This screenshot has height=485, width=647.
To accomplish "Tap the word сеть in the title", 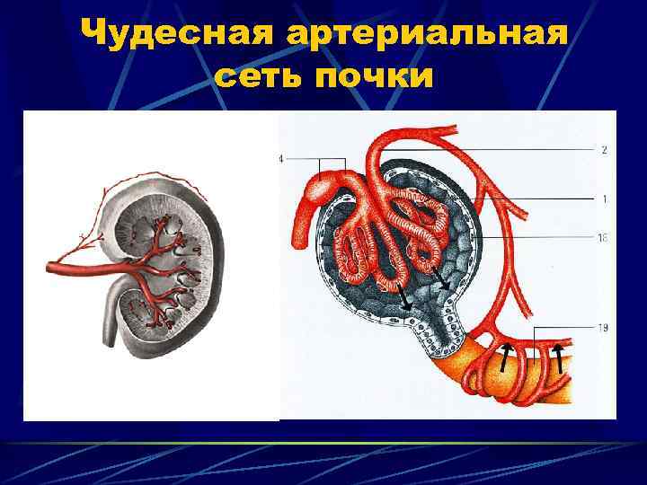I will click(260, 77).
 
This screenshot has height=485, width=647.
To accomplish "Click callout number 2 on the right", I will click(603, 149).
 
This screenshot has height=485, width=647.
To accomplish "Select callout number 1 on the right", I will click(603, 198).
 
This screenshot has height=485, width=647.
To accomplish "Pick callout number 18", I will click(602, 238).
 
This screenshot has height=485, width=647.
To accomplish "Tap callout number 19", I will click(602, 328).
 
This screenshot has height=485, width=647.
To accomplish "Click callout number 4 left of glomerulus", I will click(281, 159).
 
